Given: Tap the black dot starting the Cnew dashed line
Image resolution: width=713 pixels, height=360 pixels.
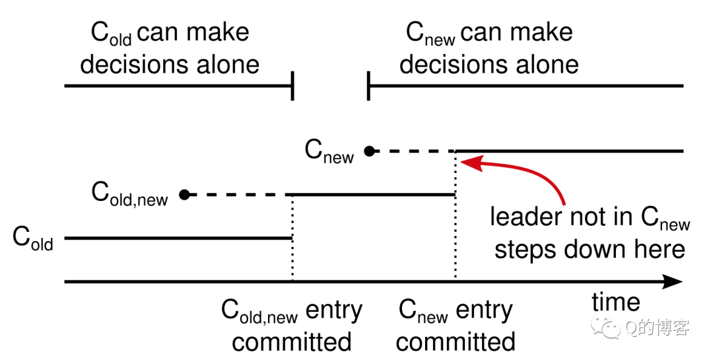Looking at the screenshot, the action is tap(370, 151).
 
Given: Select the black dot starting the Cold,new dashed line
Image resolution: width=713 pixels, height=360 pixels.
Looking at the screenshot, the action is tap(184, 195).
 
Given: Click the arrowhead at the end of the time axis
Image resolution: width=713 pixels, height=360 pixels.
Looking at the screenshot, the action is tap(672, 281).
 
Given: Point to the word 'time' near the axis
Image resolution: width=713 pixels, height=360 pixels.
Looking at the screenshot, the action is tap(616, 302).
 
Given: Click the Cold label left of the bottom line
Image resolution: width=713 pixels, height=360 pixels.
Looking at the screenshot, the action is tap(33, 238).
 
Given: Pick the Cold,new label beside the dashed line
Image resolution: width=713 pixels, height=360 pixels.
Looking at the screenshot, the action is tap(129, 194).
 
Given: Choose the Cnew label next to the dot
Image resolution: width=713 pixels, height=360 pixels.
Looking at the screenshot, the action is tap(329, 151).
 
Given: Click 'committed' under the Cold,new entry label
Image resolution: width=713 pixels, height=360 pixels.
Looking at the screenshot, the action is tap(292, 342).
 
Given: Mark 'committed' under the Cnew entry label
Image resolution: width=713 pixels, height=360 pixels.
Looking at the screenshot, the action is tap(456, 342).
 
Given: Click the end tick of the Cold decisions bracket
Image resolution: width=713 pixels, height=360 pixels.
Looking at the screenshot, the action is tap(292, 86).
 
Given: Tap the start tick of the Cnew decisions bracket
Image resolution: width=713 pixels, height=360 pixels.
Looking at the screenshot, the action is tap(368, 86).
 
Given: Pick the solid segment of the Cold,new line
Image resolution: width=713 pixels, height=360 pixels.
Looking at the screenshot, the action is tap(373, 195).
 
